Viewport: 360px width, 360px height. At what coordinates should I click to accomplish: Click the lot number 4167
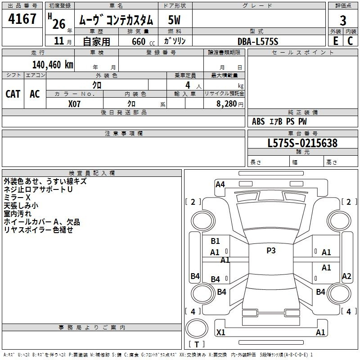(22, 18)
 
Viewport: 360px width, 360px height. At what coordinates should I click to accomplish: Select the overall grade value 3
(343, 20)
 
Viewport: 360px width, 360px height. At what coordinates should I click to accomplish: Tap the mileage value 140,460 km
(53, 65)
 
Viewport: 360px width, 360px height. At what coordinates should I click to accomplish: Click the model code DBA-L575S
(258, 41)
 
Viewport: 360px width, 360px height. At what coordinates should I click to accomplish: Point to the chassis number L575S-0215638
(302, 143)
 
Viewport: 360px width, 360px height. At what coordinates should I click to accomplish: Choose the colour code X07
(74, 104)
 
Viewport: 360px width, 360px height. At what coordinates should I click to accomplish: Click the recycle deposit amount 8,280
(227, 104)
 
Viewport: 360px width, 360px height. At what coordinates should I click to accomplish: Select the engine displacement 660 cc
(143, 41)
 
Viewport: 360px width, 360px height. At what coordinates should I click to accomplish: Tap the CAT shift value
(13, 94)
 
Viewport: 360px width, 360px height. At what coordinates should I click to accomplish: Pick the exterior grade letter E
(335, 41)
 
